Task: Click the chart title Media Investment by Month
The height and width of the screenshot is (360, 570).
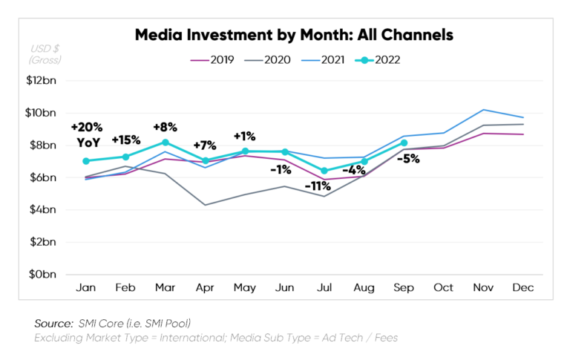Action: (294, 34)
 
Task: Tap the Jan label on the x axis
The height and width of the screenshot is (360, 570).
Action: (86, 288)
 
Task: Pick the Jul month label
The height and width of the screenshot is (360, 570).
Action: (325, 288)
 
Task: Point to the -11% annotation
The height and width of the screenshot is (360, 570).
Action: (317, 186)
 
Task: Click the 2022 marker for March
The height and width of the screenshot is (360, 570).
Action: (166, 142)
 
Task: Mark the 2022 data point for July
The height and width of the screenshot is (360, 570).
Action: (325, 171)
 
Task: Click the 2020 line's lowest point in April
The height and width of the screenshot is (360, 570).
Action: (206, 205)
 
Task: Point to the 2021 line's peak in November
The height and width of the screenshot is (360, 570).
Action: (485, 109)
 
